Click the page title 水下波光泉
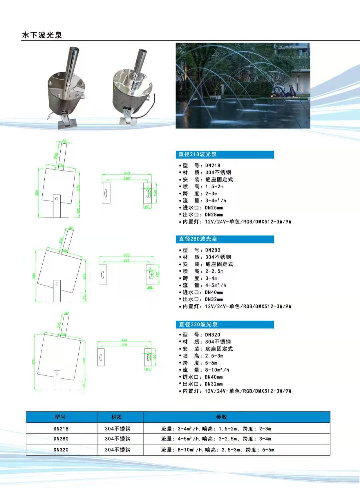point(42,35)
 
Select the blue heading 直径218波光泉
point(197,154)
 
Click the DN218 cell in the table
point(61,429)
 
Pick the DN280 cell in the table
point(61,439)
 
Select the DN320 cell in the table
point(61,450)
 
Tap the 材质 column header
point(117,417)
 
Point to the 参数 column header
point(221,417)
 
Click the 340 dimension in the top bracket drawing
point(127,173)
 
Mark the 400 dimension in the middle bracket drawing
point(127,255)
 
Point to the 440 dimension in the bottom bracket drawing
point(124,340)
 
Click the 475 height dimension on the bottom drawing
point(34,362)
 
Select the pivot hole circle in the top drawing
point(57,199)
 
